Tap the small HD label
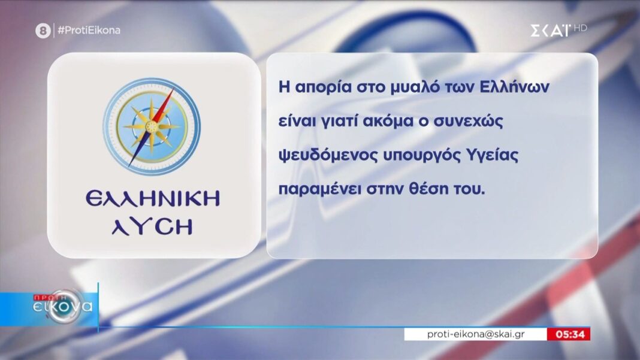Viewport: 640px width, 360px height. point(581,28)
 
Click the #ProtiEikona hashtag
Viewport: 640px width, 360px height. point(89,30)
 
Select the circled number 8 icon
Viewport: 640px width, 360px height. point(43,31)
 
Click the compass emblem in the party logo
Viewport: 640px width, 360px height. point(152,126)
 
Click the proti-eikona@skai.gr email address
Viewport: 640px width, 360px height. point(476,334)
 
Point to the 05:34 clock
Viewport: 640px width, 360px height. point(570,334)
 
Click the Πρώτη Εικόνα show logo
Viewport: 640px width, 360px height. point(63,306)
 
